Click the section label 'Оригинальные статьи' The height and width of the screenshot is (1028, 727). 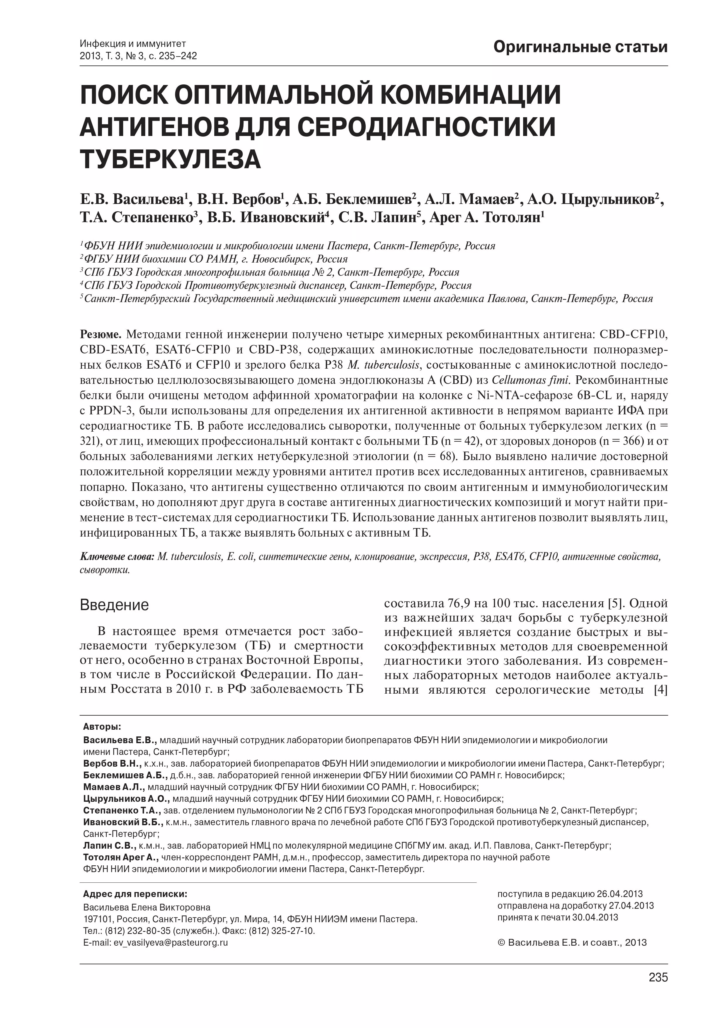[x=580, y=47]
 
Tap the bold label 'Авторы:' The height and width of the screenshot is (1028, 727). [x=102, y=726]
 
